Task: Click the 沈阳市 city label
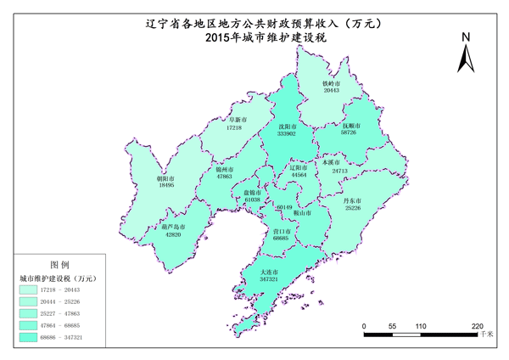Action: (x=286, y=126)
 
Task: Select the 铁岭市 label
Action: (x=331, y=83)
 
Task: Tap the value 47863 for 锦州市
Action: (x=224, y=177)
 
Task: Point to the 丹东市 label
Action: (x=352, y=200)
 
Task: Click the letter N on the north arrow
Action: (x=465, y=37)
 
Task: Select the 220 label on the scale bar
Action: (x=476, y=326)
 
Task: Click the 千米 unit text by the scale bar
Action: (x=486, y=336)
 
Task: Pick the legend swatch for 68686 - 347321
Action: (x=31, y=337)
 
